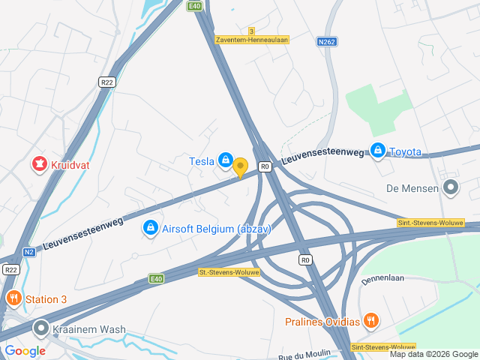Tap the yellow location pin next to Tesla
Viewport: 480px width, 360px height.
click(x=240, y=166)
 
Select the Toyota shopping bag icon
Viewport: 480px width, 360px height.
click(x=377, y=151)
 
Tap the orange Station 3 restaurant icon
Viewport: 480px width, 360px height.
click(x=13, y=299)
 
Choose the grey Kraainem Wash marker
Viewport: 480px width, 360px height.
click(x=40, y=328)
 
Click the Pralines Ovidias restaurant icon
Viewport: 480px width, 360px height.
click(x=370, y=321)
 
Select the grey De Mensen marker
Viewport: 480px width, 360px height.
click(x=450, y=187)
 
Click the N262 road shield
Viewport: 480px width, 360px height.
click(x=326, y=43)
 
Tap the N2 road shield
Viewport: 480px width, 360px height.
click(x=29, y=252)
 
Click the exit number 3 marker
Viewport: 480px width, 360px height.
click(x=252, y=31)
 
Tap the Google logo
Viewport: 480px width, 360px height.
click(x=25, y=350)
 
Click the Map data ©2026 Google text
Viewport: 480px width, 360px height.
click(x=433, y=354)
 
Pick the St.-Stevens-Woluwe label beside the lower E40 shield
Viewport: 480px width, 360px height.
click(x=229, y=272)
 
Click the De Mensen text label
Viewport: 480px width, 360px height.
click(x=412, y=188)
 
